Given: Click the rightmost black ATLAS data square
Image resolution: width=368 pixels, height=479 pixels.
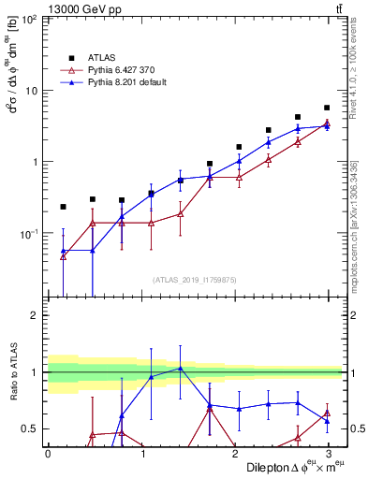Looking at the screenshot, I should (327, 108).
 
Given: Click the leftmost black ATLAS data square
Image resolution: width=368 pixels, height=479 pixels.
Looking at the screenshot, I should (63, 207).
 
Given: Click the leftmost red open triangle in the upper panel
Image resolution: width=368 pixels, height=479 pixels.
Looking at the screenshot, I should (63, 255).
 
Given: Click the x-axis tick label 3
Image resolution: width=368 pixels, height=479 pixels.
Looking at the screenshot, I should (328, 453).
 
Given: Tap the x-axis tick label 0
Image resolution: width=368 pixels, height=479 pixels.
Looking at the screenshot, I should (48, 453).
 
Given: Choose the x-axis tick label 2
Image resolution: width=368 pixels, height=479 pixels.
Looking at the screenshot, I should (234, 453).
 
